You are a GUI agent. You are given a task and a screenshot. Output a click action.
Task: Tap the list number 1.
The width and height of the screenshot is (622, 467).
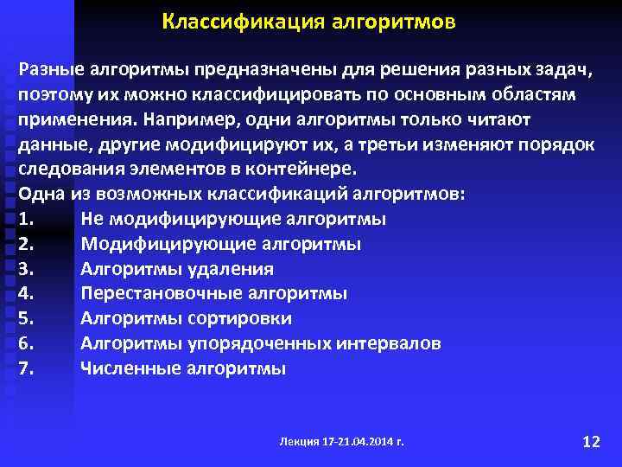26,219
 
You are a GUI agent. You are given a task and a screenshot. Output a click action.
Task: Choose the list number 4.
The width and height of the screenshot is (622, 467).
26,294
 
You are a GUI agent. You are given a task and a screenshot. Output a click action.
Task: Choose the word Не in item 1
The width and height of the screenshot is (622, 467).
92,219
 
